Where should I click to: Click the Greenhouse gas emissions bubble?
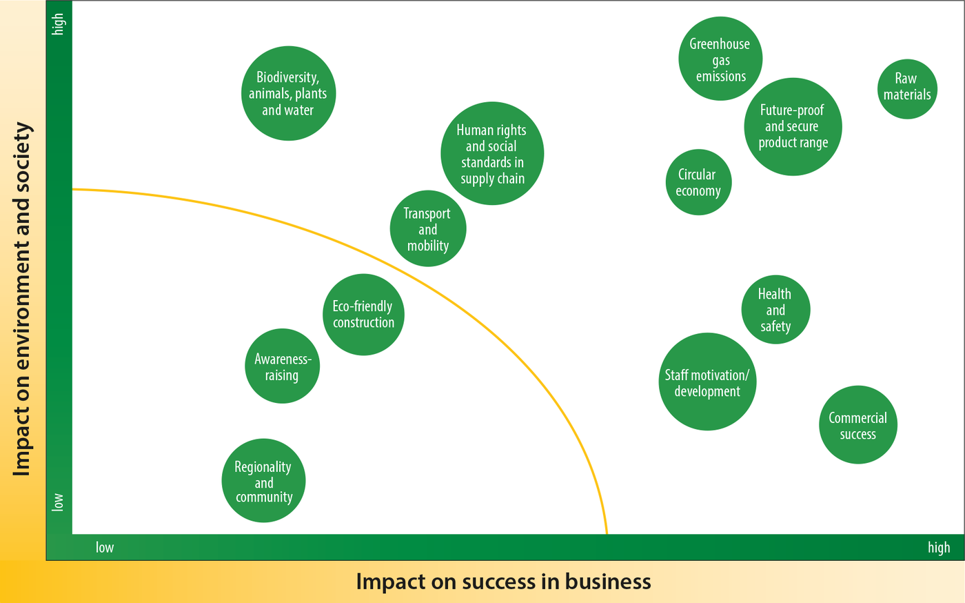(x=720, y=59)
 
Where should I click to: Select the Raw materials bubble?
(x=907, y=89)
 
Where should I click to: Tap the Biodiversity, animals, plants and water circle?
(x=288, y=93)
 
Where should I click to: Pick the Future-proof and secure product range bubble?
(x=793, y=127)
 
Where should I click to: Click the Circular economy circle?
(x=698, y=182)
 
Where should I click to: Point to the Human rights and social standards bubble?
(x=492, y=154)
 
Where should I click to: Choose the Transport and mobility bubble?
(x=428, y=228)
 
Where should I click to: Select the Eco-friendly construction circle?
(x=363, y=315)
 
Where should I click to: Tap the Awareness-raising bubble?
(x=282, y=366)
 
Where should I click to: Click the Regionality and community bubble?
(x=263, y=480)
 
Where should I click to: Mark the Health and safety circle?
(x=775, y=310)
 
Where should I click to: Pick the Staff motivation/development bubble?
(x=707, y=382)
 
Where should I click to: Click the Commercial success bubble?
(x=857, y=425)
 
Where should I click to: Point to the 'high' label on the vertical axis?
(x=58, y=24)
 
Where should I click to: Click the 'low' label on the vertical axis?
(x=58, y=502)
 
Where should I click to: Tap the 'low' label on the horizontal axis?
(x=105, y=547)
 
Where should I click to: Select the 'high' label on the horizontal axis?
(x=939, y=548)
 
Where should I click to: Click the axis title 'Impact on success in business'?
(x=503, y=582)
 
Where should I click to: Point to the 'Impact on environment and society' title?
(x=22, y=299)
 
